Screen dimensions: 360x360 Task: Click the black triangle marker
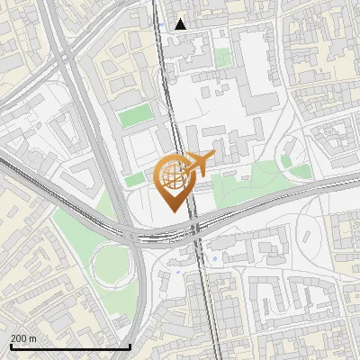[181, 24]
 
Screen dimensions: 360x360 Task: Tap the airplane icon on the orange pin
[201, 164]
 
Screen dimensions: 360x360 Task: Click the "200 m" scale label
[23, 337]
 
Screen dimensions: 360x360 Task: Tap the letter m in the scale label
[33, 337]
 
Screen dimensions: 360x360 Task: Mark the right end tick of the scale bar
[130, 346]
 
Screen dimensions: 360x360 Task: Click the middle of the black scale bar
[69, 346]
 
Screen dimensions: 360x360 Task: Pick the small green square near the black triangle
[222, 58]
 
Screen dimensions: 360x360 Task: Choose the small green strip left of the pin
[134, 180]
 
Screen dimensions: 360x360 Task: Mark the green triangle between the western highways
[72, 225]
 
